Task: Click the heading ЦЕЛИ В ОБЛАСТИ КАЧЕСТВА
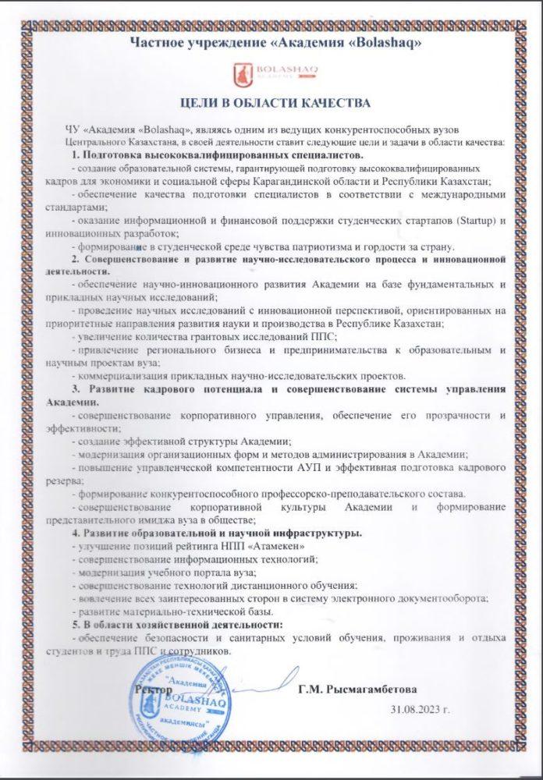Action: click(x=271, y=102)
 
